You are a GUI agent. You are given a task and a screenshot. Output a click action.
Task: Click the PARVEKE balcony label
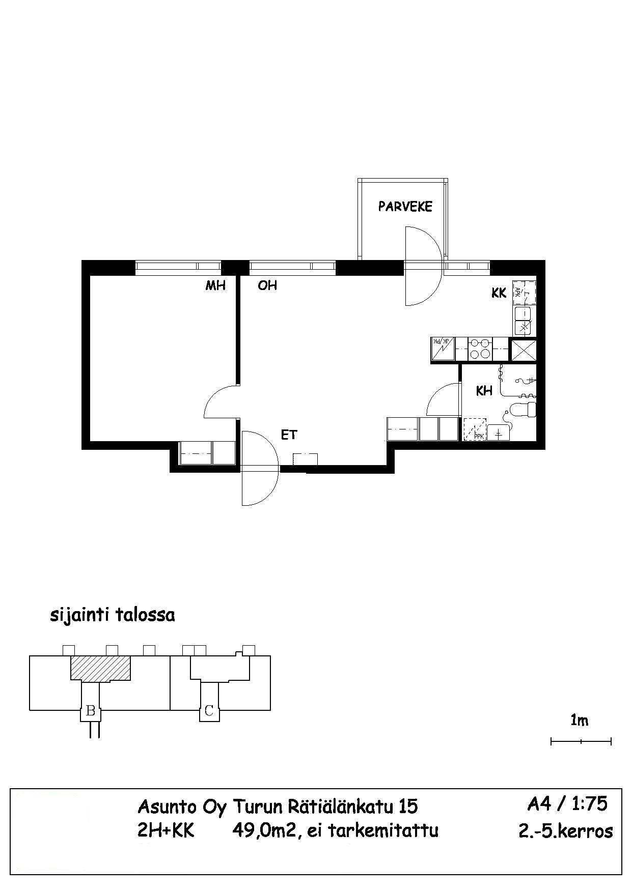coord(405,206)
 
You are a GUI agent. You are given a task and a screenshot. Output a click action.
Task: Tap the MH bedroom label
coord(215,285)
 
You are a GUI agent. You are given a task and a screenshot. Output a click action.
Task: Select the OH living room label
coord(267,285)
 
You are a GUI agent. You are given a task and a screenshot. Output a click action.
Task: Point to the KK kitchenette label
coord(499,293)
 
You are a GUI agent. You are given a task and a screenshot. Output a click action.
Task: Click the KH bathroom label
coord(484,391)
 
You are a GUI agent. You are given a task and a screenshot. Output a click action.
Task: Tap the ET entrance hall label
coord(289,435)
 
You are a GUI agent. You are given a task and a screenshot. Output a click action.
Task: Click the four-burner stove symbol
coord(480,349)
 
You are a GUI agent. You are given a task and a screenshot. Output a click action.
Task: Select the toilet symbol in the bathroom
coord(525,410)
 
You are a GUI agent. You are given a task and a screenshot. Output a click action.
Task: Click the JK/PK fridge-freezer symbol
coord(443,349)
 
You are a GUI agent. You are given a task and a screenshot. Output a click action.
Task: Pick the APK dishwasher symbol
coord(524,292)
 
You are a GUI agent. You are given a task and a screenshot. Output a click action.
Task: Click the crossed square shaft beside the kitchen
coord(524,350)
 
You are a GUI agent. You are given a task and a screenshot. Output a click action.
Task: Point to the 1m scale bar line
coord(581,741)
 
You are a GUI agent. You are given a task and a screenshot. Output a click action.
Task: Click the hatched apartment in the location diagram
coord(100,668)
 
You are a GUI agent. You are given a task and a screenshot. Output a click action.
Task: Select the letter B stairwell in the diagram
coord(91,711)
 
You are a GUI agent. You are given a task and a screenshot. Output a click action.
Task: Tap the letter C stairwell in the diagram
coord(209,711)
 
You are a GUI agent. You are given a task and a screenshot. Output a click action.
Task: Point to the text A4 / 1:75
coord(567,803)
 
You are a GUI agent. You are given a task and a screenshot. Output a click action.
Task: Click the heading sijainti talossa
coord(112,615)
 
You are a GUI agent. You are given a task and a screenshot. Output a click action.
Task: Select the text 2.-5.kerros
coord(565,831)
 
